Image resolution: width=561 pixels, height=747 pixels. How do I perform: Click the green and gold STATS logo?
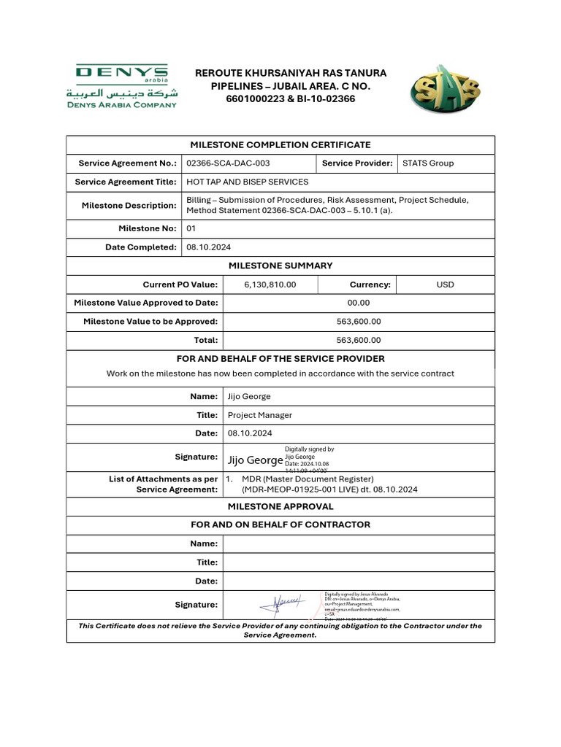[445, 89]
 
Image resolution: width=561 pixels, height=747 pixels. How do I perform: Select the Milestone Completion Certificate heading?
[280, 145]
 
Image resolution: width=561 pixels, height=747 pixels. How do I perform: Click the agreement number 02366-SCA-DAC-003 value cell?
[228, 163]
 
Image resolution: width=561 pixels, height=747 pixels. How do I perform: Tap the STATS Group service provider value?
[428, 163]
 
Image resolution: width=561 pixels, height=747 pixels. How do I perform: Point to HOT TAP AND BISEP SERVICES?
[248, 182]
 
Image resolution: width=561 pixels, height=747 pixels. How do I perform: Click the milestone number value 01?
[192, 229]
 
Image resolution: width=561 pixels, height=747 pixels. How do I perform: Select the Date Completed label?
[141, 247]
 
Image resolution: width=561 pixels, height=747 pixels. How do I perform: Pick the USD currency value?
[445, 285]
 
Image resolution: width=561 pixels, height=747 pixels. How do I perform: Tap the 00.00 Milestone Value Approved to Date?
[358, 303]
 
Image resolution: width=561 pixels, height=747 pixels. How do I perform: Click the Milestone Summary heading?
[280, 266]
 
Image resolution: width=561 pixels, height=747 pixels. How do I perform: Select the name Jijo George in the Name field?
[249, 396]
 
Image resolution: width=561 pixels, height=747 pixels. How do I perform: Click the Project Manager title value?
[260, 415]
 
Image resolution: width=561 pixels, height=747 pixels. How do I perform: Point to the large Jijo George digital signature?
[255, 460]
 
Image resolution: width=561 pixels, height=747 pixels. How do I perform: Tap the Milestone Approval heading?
[280, 506]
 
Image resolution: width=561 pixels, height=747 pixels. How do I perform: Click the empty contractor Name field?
[358, 543]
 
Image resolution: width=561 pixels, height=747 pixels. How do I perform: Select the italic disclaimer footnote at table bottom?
[280, 630]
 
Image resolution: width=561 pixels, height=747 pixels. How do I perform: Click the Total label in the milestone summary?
[205, 340]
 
